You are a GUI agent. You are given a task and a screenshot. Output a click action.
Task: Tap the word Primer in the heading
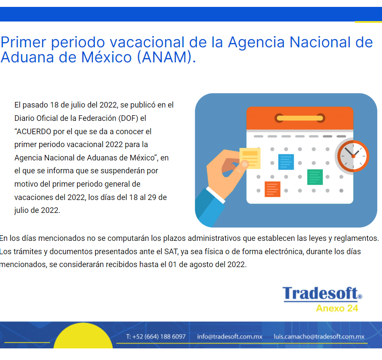[x=23, y=42]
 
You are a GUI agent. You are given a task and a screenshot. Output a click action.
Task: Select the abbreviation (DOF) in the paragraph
[x=128, y=118]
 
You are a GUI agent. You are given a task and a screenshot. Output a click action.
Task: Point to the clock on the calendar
[x=353, y=156]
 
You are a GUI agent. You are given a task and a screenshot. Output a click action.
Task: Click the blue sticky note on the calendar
[x=286, y=162]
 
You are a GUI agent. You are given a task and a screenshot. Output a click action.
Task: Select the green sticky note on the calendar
[x=315, y=177]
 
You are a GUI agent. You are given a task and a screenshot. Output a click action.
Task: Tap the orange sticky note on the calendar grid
[x=272, y=189]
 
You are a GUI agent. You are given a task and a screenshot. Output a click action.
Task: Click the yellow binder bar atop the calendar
[x=300, y=118]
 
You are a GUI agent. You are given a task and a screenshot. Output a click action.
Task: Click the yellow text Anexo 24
[x=337, y=308]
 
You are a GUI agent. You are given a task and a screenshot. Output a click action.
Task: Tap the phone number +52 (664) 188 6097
[x=159, y=337]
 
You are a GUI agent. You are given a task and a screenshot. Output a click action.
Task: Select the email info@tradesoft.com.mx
[x=230, y=337]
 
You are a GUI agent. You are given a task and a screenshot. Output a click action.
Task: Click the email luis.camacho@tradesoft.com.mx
[x=319, y=337]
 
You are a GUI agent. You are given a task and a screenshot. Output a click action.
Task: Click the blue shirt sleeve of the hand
[x=209, y=207]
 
